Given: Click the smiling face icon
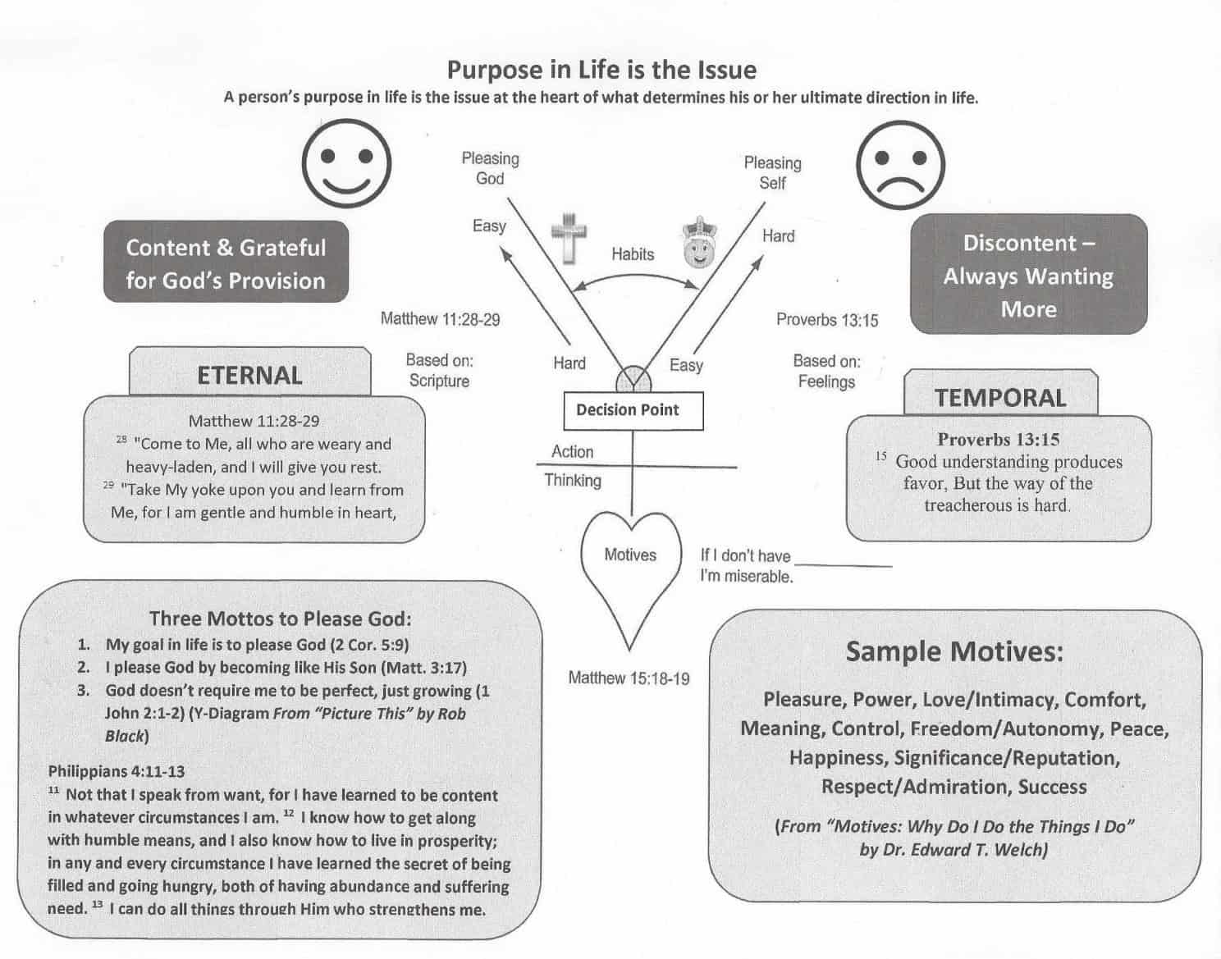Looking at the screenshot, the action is tap(346, 163).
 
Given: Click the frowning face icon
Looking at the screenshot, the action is tap(900, 165).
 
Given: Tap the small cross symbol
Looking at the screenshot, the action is tap(569, 238).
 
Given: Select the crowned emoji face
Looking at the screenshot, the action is tap(699, 243).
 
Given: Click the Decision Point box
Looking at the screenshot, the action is tap(633, 411).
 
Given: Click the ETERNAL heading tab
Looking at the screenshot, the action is tap(250, 372).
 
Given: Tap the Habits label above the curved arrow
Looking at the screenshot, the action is tap(633, 254).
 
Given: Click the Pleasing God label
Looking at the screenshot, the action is tap(490, 168).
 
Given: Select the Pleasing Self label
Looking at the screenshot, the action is tap(773, 172).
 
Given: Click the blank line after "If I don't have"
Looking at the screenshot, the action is tap(844, 566).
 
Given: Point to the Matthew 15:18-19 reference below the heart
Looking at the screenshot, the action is tap(629, 678).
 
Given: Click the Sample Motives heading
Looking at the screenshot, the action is tap(954, 652).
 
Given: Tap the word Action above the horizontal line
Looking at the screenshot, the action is tap(572, 451).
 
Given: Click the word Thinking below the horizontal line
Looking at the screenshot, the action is tap(573, 481).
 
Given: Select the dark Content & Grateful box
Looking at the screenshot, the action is tap(226, 262).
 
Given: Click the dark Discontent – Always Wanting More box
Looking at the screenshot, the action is tap(1028, 274).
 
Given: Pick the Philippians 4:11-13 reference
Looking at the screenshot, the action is tap(117, 771).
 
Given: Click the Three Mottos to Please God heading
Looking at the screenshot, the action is tap(281, 619).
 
